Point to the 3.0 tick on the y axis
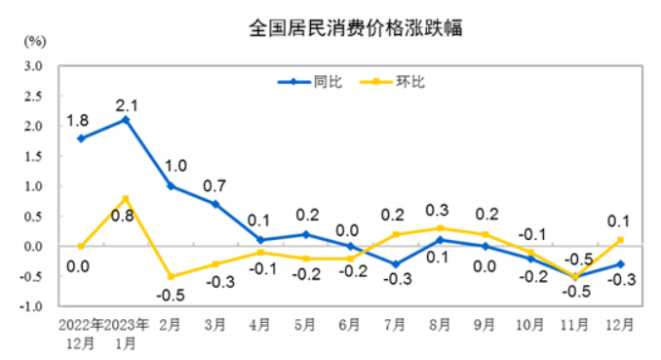[36, 66]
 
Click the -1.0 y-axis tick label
[34, 306]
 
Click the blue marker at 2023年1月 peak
[126, 120]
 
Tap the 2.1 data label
[127, 102]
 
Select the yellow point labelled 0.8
[126, 198]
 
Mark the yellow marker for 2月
[171, 276]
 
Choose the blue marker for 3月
[215, 204]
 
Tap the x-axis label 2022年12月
[81, 332]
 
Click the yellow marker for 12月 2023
[620, 240]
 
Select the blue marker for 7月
[395, 264]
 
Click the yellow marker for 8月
[440, 228]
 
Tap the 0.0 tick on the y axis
[36, 247]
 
